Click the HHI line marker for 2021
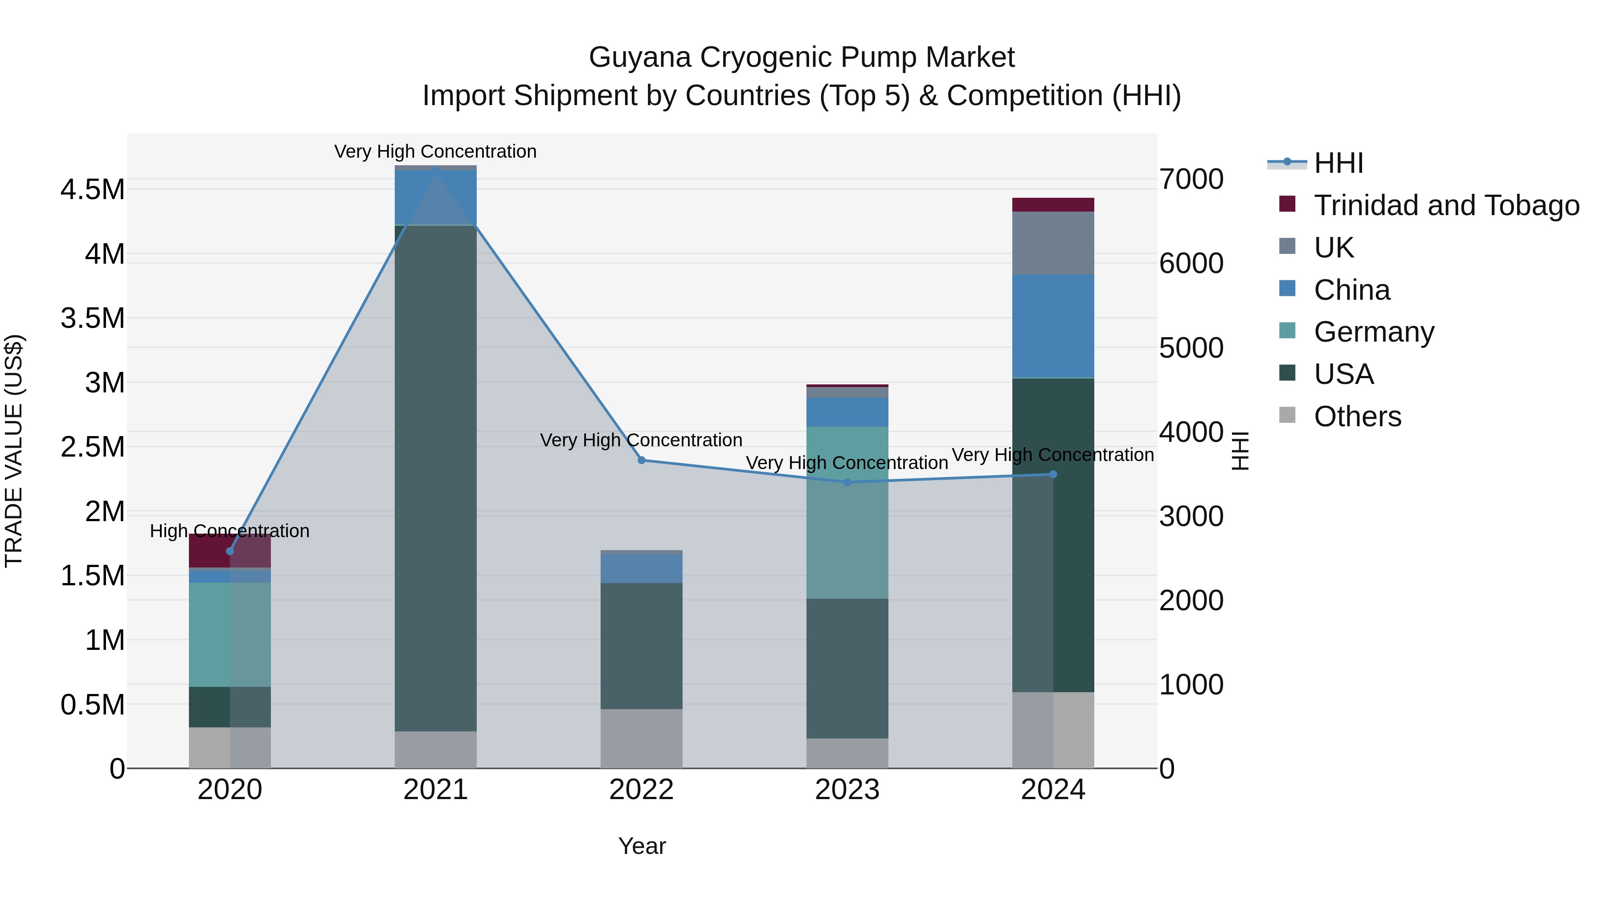(x=435, y=169)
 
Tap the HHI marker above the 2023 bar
(x=847, y=482)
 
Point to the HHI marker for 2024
(x=1053, y=474)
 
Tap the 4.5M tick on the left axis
(x=92, y=189)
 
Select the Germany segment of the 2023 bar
(x=847, y=512)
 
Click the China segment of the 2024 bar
(x=1053, y=326)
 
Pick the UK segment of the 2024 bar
(x=1053, y=243)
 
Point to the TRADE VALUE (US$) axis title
(x=14, y=451)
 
